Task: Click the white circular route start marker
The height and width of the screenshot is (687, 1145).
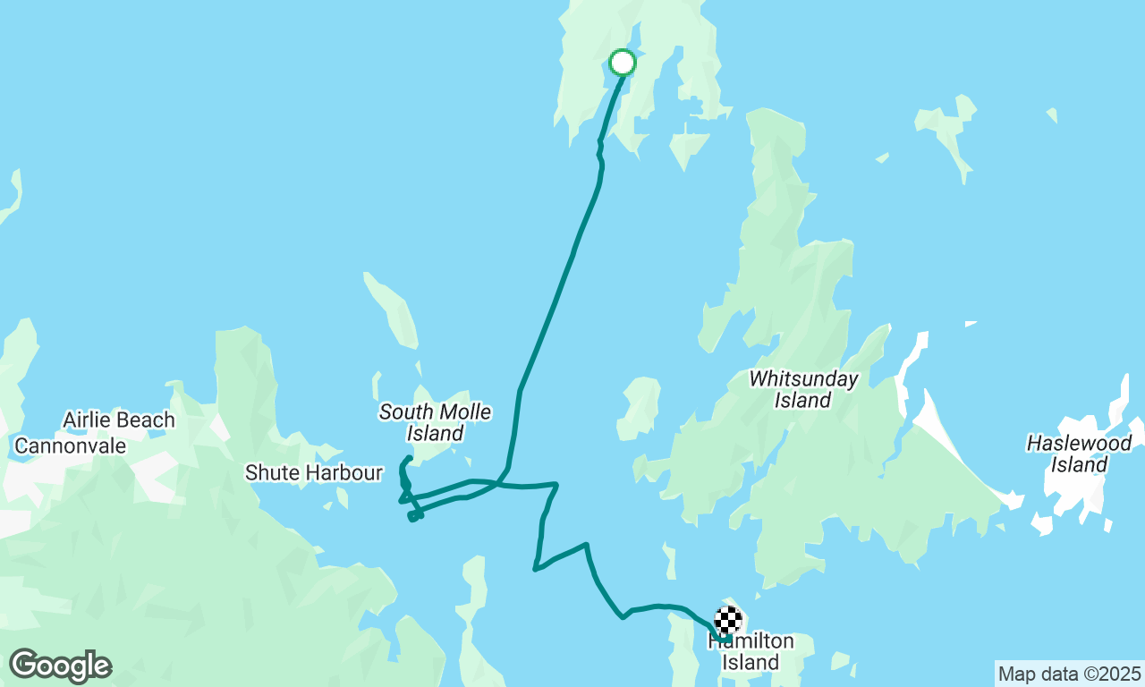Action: [x=623, y=63]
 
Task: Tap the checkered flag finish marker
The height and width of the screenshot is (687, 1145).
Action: [x=729, y=620]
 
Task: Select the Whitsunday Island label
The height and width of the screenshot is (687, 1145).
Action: [x=803, y=389]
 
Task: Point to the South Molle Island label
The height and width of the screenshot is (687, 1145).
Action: [x=436, y=422]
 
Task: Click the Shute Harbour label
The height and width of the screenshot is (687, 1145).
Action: [x=314, y=472]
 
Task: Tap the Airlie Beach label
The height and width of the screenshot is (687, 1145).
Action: [x=119, y=420]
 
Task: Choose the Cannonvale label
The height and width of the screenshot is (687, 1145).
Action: [x=71, y=445]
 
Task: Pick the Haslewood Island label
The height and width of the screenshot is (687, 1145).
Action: [x=1079, y=454]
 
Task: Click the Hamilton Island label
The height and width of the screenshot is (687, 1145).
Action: [x=751, y=652]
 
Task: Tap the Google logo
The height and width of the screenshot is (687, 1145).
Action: [x=60, y=666]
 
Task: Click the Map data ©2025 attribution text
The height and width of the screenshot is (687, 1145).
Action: [x=1069, y=674]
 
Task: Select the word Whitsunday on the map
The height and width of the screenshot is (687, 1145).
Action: [x=803, y=378]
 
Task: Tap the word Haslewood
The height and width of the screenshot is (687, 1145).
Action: [x=1079, y=443]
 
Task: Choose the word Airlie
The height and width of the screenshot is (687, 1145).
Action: [x=87, y=420]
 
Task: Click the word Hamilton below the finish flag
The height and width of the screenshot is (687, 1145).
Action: [x=751, y=641]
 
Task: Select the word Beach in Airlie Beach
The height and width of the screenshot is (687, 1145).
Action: [x=146, y=420]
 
